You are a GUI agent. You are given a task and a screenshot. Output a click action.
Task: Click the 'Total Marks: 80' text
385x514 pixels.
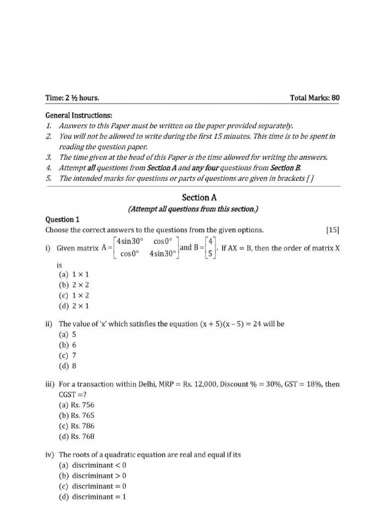[x=314, y=97]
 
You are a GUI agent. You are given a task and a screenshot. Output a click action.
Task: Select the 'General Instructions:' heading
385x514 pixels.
[x=79, y=115]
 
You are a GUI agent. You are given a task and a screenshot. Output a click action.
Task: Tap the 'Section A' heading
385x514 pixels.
[x=192, y=198]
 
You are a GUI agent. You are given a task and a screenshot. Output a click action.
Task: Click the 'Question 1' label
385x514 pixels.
[x=63, y=219]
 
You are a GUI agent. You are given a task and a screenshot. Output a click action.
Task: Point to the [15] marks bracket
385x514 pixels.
[x=332, y=230]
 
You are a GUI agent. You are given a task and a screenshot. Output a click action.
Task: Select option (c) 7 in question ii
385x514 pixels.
[x=68, y=355]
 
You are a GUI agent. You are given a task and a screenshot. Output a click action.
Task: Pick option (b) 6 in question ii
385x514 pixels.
[x=68, y=345]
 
